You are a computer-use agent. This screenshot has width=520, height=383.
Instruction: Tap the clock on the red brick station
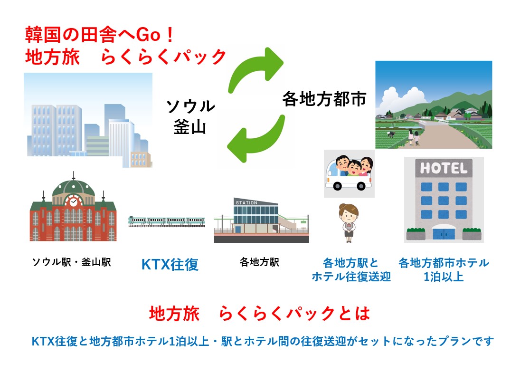[x=74, y=201]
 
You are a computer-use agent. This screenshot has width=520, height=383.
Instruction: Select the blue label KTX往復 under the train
[x=170, y=264]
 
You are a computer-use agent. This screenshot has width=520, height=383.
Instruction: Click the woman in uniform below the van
[x=349, y=222]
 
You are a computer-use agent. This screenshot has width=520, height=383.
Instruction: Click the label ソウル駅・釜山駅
[x=71, y=262]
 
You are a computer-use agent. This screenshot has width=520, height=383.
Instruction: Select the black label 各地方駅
[x=259, y=262]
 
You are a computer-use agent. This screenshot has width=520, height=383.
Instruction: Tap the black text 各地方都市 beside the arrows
[x=324, y=99]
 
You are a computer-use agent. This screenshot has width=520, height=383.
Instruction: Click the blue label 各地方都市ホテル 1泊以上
[x=444, y=269]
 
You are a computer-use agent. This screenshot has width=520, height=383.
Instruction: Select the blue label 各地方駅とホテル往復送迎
[x=351, y=269]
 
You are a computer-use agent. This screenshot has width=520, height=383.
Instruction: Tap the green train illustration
[x=167, y=221]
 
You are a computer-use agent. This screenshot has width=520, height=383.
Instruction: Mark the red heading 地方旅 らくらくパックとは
[x=259, y=314]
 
